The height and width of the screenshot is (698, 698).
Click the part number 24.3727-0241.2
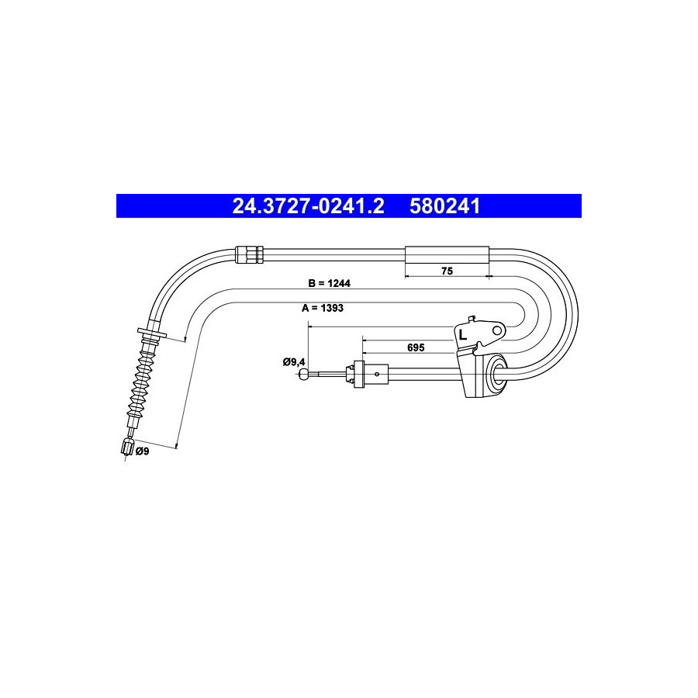click(x=308, y=206)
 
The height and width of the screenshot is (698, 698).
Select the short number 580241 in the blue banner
click(x=445, y=206)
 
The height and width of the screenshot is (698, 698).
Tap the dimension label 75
click(x=447, y=271)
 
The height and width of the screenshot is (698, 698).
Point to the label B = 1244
click(x=330, y=283)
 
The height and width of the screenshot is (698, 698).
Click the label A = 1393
click(x=323, y=308)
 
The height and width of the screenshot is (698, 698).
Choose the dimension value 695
click(x=416, y=347)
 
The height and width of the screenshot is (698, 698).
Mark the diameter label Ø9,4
click(x=294, y=362)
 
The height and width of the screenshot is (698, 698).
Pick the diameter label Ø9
click(x=143, y=451)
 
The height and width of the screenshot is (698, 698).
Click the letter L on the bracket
click(x=463, y=335)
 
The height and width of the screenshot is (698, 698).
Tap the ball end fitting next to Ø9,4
click(x=303, y=374)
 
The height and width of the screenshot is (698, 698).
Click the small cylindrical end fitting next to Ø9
click(x=128, y=447)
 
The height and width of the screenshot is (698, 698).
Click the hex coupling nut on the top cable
click(x=249, y=255)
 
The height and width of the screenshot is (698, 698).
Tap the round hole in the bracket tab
click(x=497, y=330)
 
